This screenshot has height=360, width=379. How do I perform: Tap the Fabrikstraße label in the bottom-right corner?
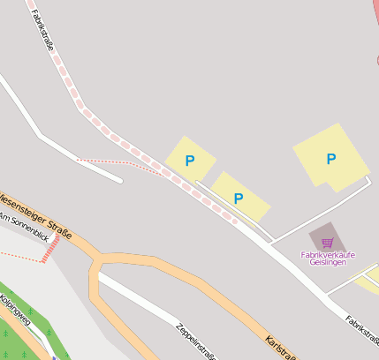point(362,331)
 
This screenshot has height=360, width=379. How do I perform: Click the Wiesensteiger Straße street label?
point(35,212)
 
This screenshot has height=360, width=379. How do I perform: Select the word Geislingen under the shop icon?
point(328,263)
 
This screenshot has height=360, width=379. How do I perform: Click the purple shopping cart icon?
point(327,242)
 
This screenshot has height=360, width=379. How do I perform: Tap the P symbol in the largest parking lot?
point(331,159)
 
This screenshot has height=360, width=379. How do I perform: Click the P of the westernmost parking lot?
point(189,161)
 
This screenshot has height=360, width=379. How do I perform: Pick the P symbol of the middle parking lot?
point(238,198)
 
